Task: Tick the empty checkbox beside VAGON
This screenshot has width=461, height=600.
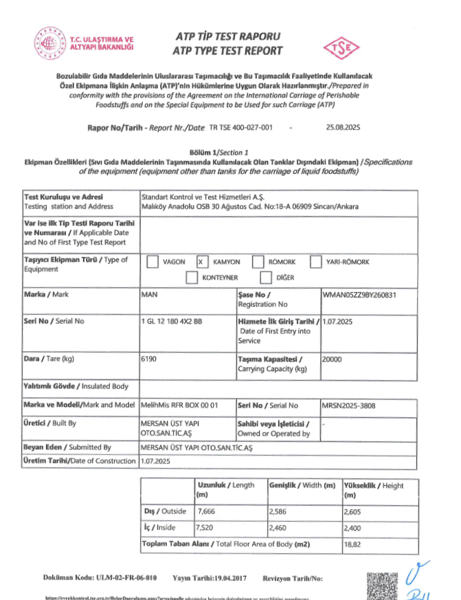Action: [153, 262]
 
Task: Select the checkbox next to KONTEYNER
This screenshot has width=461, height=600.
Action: [193, 277]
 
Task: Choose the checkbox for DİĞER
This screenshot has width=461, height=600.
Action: [266, 277]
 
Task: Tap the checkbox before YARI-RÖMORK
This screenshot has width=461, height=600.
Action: [316, 262]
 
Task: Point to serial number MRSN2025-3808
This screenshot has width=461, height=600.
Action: [350, 405]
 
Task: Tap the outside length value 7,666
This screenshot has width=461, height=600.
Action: [207, 512]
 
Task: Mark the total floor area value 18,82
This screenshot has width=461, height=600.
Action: [352, 544]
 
